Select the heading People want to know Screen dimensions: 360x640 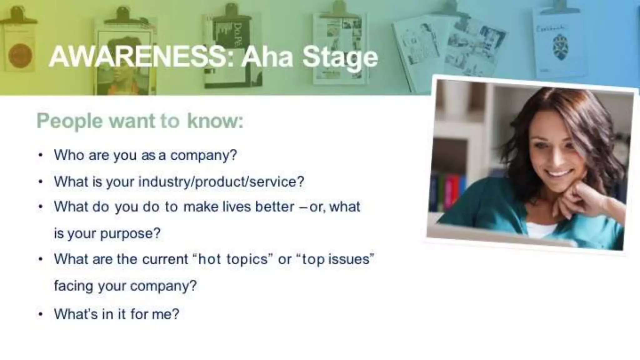(x=140, y=121)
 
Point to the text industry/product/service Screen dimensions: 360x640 (x=221, y=182)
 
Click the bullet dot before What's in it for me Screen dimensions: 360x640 (x=40, y=314)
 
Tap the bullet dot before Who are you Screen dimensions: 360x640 (x=40, y=155)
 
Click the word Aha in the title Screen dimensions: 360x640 (x=267, y=58)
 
